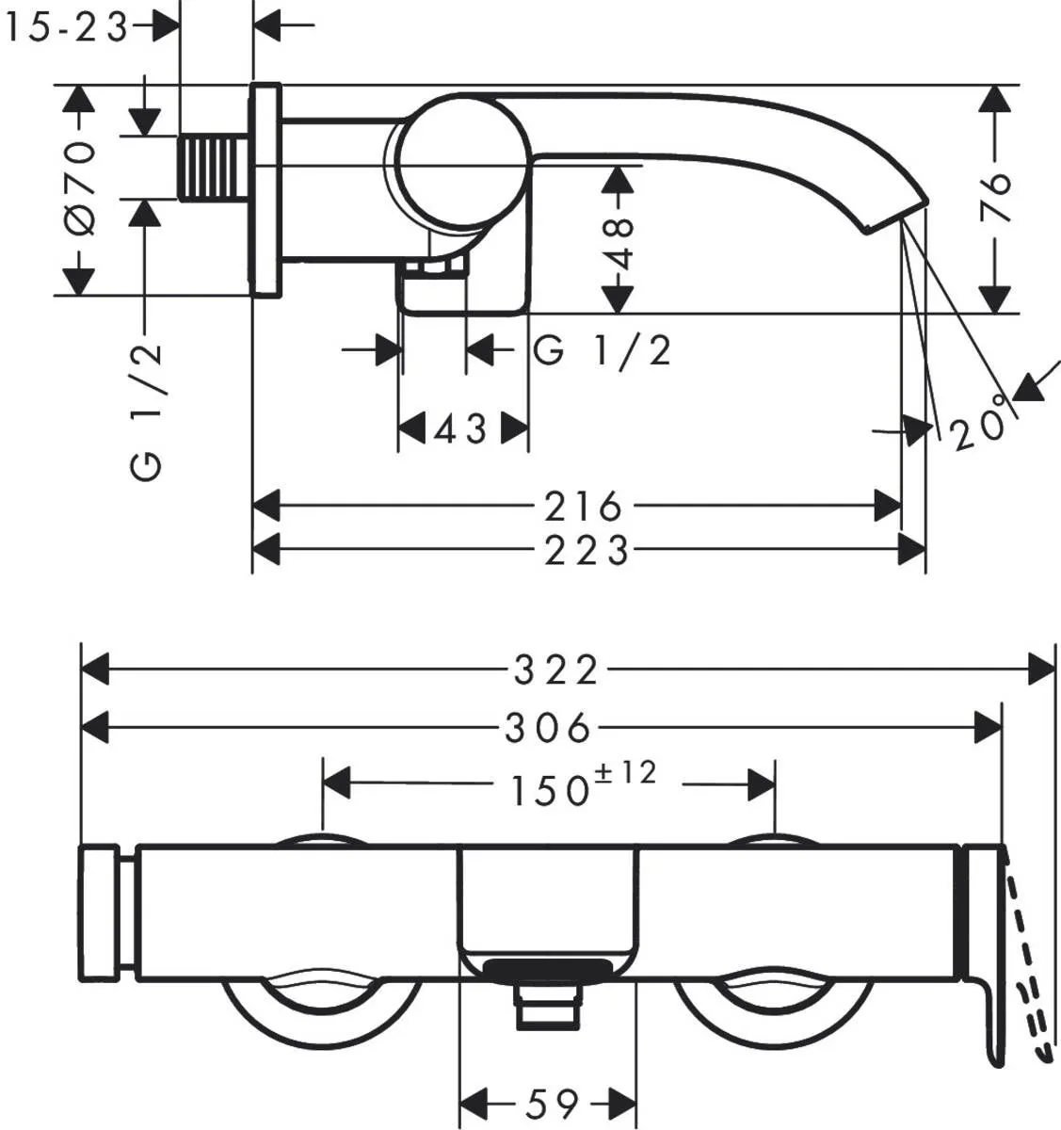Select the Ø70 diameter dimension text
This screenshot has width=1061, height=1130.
click(x=81, y=189)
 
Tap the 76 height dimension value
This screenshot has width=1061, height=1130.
click(x=995, y=197)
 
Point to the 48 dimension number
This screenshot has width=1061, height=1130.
click(x=619, y=243)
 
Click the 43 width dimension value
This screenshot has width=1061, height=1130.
click(x=461, y=430)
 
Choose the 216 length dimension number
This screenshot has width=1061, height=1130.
click(x=584, y=507)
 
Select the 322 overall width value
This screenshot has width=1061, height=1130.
click(x=555, y=670)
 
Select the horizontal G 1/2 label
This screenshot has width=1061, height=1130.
click(x=603, y=351)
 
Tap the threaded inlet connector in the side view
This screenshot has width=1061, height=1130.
click(x=215, y=167)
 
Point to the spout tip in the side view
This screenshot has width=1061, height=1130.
click(x=894, y=212)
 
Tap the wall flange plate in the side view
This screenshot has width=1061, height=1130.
click(x=265, y=189)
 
